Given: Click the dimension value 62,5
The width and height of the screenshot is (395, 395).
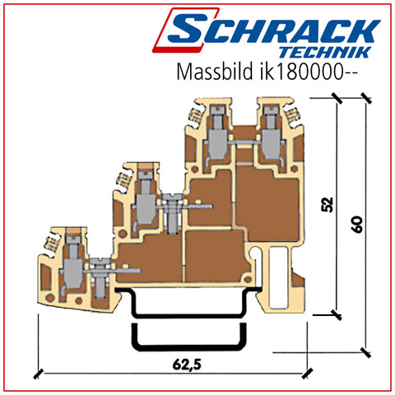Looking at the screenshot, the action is (187, 364).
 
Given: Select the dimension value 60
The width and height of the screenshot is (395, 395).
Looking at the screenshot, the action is (357, 225).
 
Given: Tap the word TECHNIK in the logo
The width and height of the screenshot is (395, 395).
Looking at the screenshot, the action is (325, 52).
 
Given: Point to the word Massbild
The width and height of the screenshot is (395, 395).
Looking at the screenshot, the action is (215, 72).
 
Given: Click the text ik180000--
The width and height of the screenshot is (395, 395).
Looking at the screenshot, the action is (307, 72).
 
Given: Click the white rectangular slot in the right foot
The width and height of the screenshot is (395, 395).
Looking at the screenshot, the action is (278, 276).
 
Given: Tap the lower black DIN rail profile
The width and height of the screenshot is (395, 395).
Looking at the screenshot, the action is (189, 348).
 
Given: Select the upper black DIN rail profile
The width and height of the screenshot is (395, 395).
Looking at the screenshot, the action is (189, 315).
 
